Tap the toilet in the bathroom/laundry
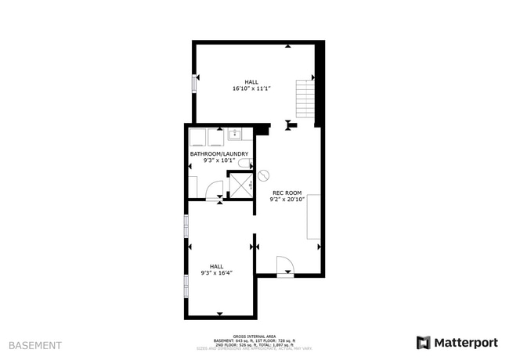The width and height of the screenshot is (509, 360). [x=245, y=164]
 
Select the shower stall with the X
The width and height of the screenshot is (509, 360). [x=240, y=185]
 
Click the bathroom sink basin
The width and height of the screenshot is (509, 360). [x=235, y=134]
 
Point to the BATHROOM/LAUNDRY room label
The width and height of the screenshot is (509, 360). [x=219, y=154]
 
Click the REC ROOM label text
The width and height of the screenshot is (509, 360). [x=287, y=193]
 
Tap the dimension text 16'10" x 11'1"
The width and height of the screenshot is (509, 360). [x=251, y=88]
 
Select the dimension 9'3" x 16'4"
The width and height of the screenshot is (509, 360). [x=217, y=272]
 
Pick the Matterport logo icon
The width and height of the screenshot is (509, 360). [x=423, y=342]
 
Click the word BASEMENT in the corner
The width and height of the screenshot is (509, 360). [x=34, y=344]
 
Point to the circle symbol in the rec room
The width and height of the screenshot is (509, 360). [x=264, y=175]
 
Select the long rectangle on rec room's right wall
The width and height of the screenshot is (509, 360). [x=314, y=216]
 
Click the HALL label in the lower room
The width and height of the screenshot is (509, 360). [x=217, y=265]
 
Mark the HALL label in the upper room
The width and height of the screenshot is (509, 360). [x=251, y=81]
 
